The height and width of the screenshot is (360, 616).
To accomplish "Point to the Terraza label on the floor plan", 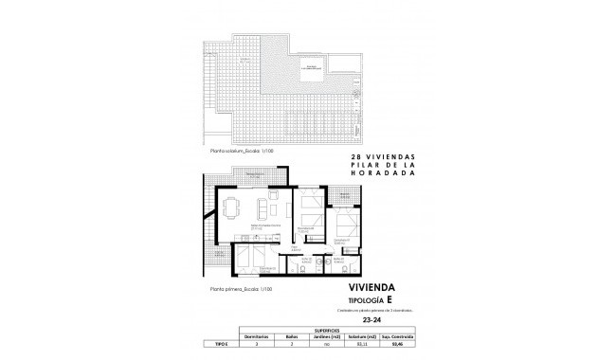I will (x=255, y=177).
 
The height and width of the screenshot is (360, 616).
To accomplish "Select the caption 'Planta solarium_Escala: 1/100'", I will (x=238, y=150).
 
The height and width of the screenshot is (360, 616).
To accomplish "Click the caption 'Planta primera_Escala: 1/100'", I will (x=237, y=287).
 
